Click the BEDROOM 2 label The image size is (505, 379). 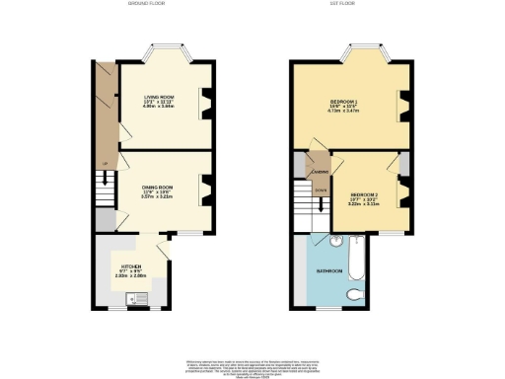coord(364,195)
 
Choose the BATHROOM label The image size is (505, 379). coord(328,269)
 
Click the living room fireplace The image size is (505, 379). coord(206,102)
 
